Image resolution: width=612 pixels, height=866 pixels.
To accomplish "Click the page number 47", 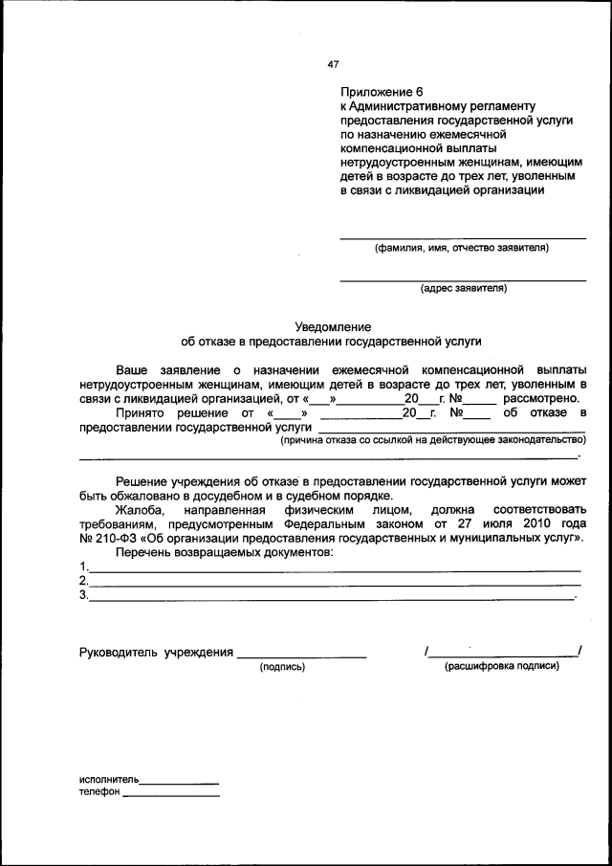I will (x=333, y=65).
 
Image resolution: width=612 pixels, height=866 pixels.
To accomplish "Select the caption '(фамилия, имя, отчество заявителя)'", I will (x=462, y=248).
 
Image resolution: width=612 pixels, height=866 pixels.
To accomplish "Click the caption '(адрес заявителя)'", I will (x=464, y=288).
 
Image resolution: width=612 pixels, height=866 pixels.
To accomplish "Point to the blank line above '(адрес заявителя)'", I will (x=464, y=279).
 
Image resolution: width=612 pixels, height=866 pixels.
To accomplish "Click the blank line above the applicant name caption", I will (x=464, y=238).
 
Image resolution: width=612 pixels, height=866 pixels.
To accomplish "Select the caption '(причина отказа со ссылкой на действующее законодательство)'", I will (x=432, y=439).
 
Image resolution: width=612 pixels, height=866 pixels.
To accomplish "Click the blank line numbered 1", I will (x=335, y=570).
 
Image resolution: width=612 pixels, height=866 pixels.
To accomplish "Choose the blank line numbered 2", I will (x=335, y=585).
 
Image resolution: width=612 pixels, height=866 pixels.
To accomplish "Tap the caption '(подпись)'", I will (x=282, y=666).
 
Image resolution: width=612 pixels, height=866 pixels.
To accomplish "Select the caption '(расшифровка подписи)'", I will (x=502, y=666).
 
